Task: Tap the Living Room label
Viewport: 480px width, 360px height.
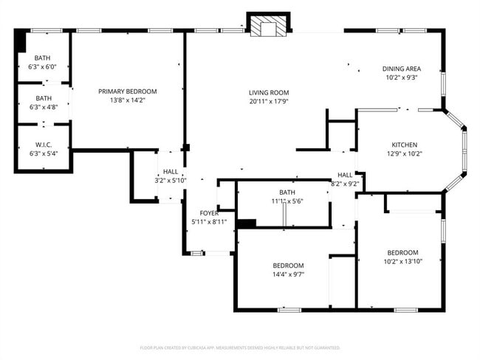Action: tap(267, 91)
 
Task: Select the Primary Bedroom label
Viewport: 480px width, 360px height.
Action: tap(128, 91)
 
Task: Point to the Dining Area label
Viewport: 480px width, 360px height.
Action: tap(401, 69)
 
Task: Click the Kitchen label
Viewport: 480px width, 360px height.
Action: tap(405, 145)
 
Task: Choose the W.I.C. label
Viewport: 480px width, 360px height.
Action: tap(43, 145)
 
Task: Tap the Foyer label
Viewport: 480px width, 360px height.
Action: tap(208, 213)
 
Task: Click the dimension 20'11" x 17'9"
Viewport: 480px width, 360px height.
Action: tap(267, 101)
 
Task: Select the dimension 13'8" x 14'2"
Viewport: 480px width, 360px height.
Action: tap(128, 101)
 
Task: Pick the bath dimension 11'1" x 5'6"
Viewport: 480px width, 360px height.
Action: tap(287, 201)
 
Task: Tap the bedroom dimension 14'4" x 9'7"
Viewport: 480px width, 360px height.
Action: tap(288, 274)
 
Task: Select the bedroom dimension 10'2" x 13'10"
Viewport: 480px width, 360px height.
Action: tap(403, 260)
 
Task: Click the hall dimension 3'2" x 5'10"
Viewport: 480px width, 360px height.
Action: tap(171, 180)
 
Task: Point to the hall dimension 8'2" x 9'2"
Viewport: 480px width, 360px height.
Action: tap(345, 184)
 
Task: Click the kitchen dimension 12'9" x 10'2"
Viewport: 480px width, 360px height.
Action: tap(405, 154)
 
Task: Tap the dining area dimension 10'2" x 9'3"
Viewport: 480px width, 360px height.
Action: tap(401, 77)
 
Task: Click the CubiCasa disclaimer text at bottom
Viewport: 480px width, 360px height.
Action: tap(239, 347)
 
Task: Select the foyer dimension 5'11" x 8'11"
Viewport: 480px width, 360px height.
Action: tap(208, 221)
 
